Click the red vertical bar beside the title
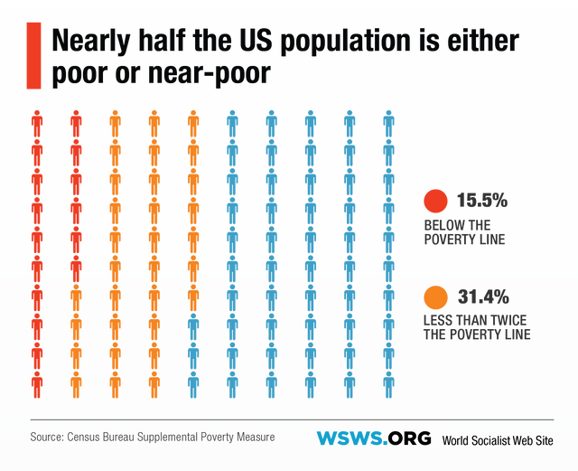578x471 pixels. (x=35, y=56)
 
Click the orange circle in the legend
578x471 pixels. (x=435, y=297)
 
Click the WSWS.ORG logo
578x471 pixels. (x=373, y=438)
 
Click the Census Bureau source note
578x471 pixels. (x=152, y=438)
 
